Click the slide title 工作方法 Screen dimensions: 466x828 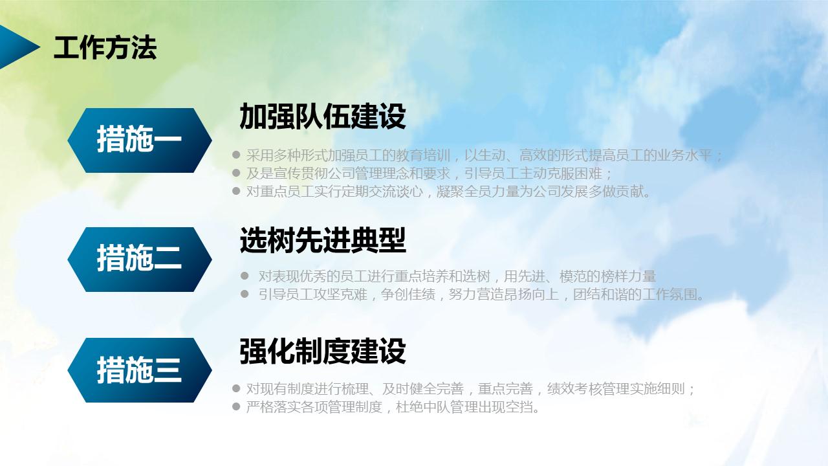[105, 49]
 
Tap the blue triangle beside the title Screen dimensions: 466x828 [17, 47]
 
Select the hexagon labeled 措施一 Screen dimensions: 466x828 [140, 140]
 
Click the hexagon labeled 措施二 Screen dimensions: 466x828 [140, 259]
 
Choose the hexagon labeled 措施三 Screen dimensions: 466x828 [140, 370]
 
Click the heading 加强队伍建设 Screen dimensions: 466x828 [322, 117]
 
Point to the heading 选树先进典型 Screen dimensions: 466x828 [322, 241]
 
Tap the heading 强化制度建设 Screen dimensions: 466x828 [322, 351]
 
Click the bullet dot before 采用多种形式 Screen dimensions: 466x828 [236, 155]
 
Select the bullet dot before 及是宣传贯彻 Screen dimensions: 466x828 [236, 173]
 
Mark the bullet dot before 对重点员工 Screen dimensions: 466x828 [236, 191]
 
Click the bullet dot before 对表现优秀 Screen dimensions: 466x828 [245, 276]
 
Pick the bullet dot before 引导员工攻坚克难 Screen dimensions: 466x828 [245, 294]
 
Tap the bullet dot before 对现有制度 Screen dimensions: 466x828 [236, 389]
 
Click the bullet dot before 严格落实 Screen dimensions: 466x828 [236, 407]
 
